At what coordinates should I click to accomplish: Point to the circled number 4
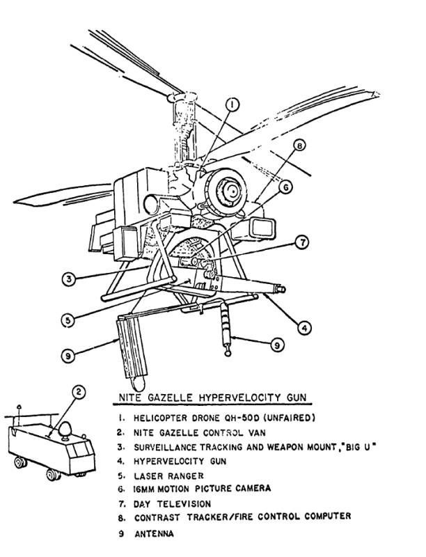[x=303, y=326]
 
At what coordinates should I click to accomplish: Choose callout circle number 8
[x=299, y=146]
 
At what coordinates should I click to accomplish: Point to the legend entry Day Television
[x=172, y=504]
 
